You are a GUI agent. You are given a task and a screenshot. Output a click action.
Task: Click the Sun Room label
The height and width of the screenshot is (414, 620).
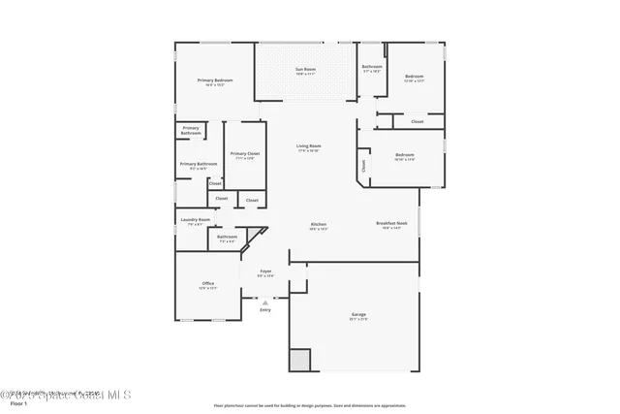[x=305, y=71]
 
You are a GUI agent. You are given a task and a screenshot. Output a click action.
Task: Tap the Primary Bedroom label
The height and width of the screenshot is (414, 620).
[x=217, y=81]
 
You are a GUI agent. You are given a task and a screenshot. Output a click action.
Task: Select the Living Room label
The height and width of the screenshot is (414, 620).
[x=308, y=147]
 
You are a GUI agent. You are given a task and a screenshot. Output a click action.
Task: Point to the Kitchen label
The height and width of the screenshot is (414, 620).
[x=318, y=226]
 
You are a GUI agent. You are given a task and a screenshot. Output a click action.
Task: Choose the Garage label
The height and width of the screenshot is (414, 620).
[x=358, y=316]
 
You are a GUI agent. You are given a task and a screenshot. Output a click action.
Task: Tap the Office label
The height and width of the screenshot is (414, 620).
[x=207, y=285]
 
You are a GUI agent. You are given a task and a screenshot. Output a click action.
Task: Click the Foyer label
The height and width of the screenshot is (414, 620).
[x=264, y=272]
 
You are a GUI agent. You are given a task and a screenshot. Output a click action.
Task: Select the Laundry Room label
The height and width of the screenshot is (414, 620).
[x=195, y=221]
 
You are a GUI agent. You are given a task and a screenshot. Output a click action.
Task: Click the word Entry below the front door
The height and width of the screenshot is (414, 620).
[x=264, y=309]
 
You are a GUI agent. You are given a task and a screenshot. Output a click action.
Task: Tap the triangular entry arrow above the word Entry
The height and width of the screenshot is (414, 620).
[x=264, y=302]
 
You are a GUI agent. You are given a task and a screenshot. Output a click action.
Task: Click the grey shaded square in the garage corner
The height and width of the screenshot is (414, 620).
[x=299, y=360]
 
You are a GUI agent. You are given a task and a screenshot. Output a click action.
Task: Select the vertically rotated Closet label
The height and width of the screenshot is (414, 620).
[x=364, y=165]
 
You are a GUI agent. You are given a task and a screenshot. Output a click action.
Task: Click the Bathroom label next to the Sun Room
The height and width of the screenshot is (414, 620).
[x=372, y=68]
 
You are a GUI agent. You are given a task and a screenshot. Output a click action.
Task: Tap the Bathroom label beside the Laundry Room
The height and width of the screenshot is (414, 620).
[x=227, y=239]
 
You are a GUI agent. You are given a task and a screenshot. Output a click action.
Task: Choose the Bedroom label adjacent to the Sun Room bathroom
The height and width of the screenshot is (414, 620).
[x=415, y=78]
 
